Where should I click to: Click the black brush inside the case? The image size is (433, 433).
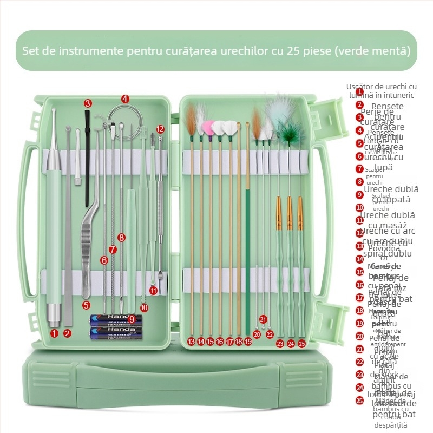pos(87,157)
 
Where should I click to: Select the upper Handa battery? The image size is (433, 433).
pos(115,320)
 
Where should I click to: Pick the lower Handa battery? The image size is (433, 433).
pos(115,332)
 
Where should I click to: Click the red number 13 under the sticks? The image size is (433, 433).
pos(191,342)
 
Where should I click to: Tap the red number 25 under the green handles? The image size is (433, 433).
pos(301,343)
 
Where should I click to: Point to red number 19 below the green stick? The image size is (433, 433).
pos(248,342)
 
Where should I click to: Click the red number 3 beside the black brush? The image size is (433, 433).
pos(88,103)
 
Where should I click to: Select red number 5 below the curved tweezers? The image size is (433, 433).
pos(86,305)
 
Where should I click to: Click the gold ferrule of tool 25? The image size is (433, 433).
pos(300,214)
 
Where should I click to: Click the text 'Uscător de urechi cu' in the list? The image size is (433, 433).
pos(382,87)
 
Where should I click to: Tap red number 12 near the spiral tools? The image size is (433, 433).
pos(160,129)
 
